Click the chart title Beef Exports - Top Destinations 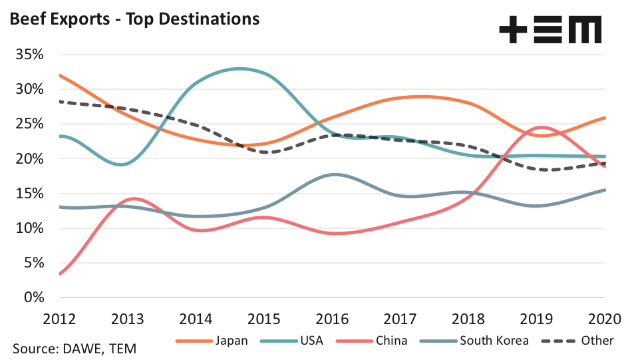point(133,19)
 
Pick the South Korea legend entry point(475,341)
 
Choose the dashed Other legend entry point(577,341)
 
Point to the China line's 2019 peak point(542,127)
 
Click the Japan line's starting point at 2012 point(59,75)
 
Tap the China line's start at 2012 point(59,273)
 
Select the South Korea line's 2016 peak point(336,174)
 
